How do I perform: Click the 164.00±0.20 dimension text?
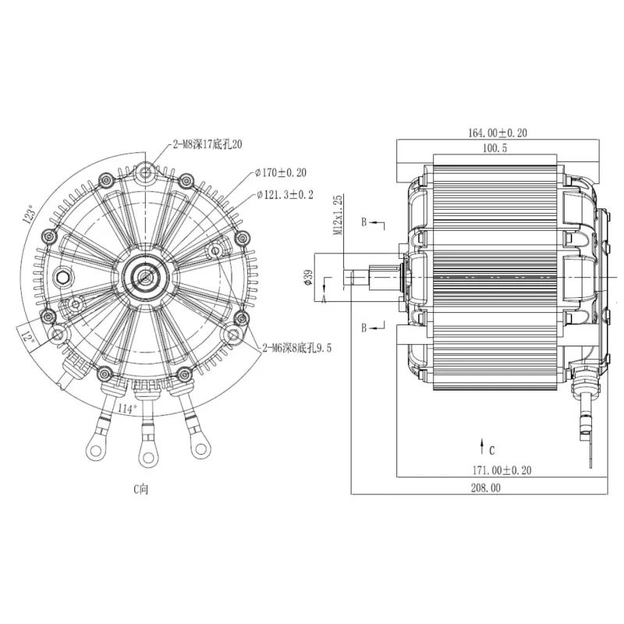497,133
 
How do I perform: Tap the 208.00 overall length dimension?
484,487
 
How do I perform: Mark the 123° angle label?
30,214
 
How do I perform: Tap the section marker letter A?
324,298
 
